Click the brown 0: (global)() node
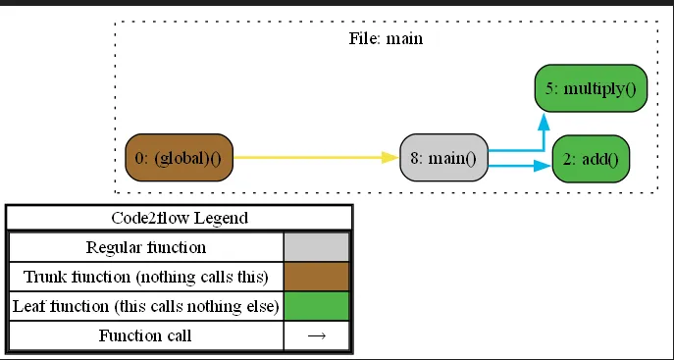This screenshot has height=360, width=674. click(x=179, y=158)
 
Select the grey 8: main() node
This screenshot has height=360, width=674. click(x=444, y=158)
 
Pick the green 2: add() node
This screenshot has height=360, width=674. click(x=591, y=158)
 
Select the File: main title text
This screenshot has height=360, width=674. click(x=386, y=39)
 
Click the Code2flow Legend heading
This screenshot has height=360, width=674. click(x=179, y=218)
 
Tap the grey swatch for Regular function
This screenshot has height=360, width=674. click(x=316, y=247)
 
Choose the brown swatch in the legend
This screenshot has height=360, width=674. click(x=316, y=277)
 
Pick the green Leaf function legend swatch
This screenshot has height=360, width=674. click(x=316, y=306)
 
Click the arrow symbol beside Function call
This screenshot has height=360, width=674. click(x=316, y=335)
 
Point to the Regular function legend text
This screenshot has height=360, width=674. click(x=145, y=247)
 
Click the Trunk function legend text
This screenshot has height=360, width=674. click(x=145, y=277)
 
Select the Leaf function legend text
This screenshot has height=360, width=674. click(x=145, y=306)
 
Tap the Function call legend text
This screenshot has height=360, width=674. click(x=145, y=335)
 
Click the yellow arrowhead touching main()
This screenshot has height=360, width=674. click(x=391, y=157)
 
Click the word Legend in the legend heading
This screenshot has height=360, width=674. click(x=222, y=218)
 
